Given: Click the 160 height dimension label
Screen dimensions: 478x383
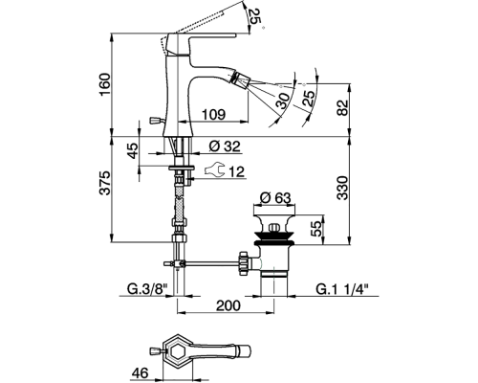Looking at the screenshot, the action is (105, 84).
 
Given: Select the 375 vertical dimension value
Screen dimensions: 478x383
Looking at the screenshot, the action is (105, 183).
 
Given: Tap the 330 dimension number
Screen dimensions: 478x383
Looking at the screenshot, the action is (343, 188).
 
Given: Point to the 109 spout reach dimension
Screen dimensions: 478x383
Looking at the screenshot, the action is (214, 114).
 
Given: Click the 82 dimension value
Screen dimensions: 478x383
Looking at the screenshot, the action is (343, 108).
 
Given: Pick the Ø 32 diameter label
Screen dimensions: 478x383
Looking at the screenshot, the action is (225, 146).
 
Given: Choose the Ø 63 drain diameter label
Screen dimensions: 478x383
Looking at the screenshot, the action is (275, 198).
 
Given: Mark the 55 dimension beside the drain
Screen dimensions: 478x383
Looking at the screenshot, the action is (316, 229).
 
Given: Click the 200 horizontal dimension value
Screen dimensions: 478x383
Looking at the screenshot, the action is (228, 305).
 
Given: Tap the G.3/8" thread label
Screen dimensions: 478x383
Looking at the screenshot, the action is (147, 289).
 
